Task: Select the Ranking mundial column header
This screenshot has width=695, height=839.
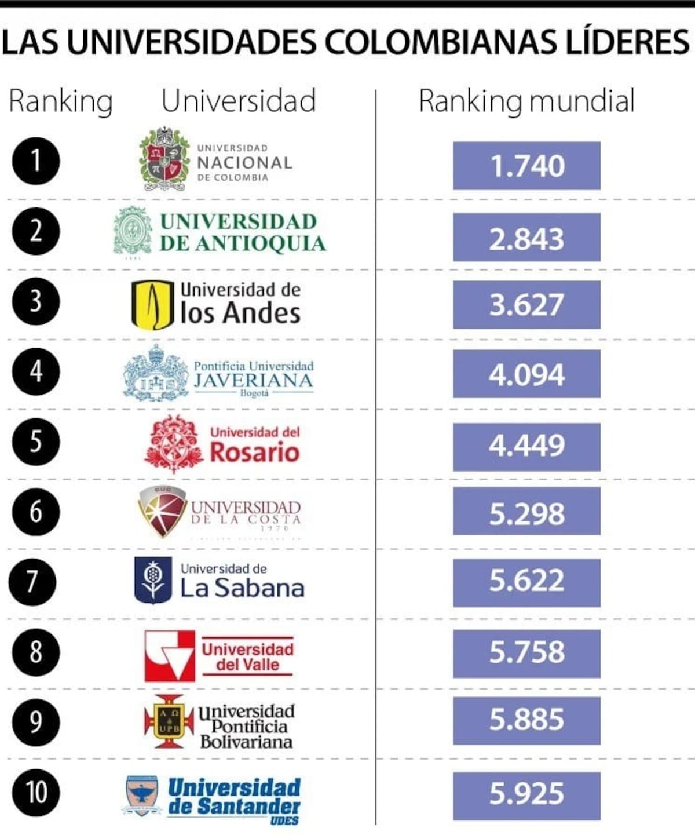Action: (x=526, y=101)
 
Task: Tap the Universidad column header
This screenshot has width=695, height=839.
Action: (x=239, y=101)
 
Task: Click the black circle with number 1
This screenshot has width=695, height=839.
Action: (x=35, y=160)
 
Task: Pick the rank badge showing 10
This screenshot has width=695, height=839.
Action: (x=35, y=792)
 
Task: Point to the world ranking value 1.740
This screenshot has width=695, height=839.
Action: (x=526, y=166)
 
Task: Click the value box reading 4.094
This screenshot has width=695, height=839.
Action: (x=526, y=374)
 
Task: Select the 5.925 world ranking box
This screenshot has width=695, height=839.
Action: (x=526, y=793)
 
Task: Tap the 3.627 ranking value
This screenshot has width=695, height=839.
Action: (x=526, y=305)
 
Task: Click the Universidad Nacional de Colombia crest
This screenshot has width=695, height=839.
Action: (x=164, y=159)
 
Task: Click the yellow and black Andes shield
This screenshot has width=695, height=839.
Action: (x=152, y=304)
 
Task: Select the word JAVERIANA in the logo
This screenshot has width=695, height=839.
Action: (x=254, y=380)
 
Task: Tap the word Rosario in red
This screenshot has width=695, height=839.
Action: (x=254, y=452)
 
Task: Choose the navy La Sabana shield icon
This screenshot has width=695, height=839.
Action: (x=153, y=579)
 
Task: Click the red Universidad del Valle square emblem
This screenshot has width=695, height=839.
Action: (x=169, y=655)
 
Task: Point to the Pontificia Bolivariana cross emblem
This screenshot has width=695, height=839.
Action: (x=169, y=721)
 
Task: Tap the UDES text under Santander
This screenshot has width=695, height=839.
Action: (x=284, y=820)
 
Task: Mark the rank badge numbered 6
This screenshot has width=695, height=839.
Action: (x=35, y=512)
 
